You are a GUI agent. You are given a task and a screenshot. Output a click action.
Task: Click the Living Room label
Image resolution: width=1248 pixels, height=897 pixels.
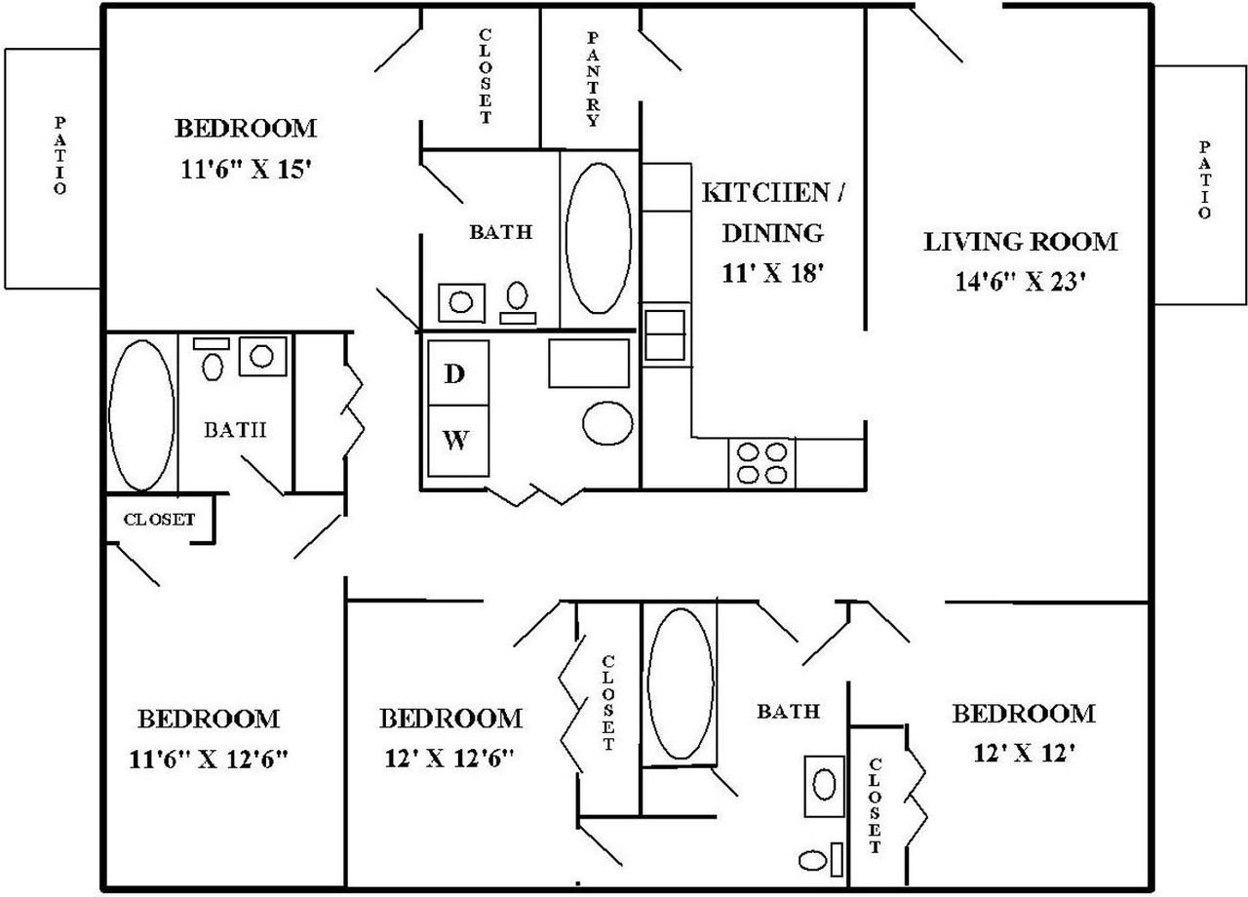[x=1020, y=241]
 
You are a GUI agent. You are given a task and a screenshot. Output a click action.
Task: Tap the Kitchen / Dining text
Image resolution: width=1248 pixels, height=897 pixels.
[x=771, y=212]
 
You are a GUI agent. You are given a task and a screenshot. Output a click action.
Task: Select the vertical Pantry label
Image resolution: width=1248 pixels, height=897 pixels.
[x=592, y=79]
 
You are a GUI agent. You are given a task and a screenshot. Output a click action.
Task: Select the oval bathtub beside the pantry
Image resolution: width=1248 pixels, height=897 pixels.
[x=598, y=237]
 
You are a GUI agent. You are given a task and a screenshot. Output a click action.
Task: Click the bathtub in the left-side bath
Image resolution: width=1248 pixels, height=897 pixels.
[x=141, y=414]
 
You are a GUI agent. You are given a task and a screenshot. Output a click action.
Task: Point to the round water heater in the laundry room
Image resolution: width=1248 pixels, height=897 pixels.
[x=608, y=422]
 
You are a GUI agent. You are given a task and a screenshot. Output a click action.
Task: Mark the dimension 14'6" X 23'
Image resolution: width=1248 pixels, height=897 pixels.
[x=1020, y=282]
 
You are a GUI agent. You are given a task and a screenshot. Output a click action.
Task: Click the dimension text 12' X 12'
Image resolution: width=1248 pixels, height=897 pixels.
[x=1023, y=753]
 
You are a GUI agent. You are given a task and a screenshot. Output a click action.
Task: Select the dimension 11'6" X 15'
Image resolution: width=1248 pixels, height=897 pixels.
[x=246, y=169]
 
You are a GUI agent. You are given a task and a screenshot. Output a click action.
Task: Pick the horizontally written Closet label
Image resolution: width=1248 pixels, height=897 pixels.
[x=159, y=520]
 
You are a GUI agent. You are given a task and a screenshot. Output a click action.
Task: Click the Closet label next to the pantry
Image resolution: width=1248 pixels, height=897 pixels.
[x=485, y=77]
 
